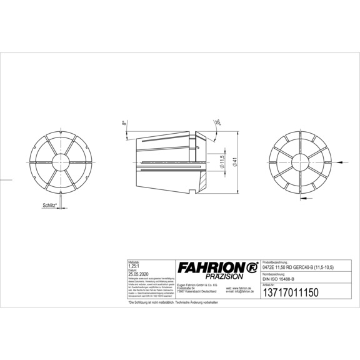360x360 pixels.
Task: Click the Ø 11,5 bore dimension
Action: (222, 161)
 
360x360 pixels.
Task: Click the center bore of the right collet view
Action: (300, 161)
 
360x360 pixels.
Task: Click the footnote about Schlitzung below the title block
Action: (174, 302)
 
